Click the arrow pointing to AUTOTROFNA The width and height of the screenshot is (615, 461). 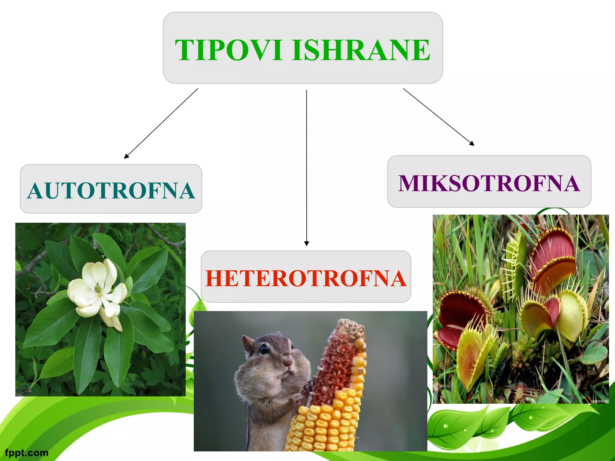pyautogui.click(x=161, y=123)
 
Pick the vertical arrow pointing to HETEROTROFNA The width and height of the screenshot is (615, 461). pyautogui.click(x=306, y=168)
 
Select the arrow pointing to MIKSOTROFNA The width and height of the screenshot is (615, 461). pyautogui.click(x=438, y=117)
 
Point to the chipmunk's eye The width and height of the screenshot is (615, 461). pyautogui.click(x=264, y=349)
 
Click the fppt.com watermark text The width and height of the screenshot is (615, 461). pyautogui.click(x=26, y=453)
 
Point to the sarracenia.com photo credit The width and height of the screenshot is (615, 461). pyautogui.click(x=599, y=401)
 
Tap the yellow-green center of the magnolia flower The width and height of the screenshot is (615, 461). pyautogui.click(x=98, y=289)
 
